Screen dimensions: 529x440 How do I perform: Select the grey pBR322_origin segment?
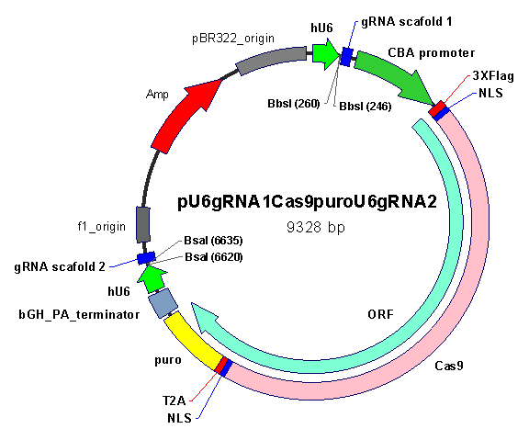point(271,60)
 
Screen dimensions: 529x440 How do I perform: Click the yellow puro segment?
point(193,341)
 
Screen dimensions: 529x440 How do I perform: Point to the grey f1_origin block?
point(143,224)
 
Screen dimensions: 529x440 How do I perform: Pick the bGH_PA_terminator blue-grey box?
point(163,302)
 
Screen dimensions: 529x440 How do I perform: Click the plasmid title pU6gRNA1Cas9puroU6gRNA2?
point(307,202)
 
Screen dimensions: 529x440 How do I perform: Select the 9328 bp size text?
point(316,227)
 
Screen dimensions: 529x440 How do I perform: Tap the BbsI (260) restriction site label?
point(294,104)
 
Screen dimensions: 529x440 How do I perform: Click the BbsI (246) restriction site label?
point(365,107)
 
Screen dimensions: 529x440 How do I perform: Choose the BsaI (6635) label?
point(213,241)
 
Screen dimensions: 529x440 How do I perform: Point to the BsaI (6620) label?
point(214,257)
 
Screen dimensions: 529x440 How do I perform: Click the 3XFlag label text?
point(493,75)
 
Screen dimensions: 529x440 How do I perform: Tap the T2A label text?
point(174,401)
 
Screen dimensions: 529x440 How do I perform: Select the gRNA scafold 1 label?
point(407,22)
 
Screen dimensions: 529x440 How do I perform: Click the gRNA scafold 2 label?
point(60,267)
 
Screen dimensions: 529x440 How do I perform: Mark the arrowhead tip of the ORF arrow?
point(192,303)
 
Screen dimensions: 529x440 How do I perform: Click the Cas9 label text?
point(449,366)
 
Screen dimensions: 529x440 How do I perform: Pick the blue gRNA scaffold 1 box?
point(346,57)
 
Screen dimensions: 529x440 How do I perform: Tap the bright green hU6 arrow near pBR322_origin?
point(325,54)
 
